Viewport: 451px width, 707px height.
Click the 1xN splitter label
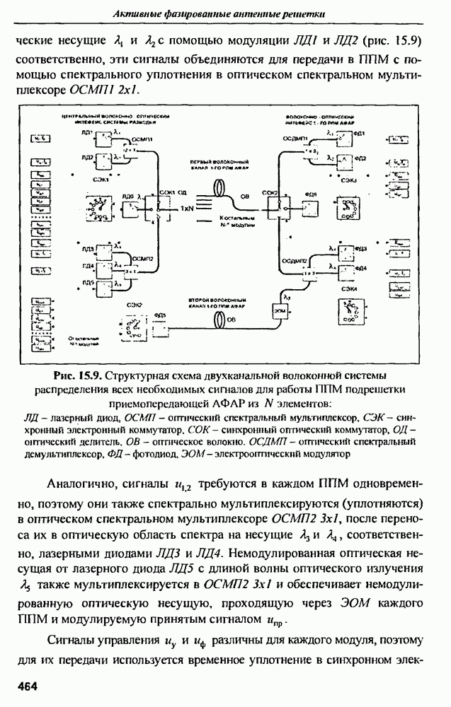[x=186, y=209]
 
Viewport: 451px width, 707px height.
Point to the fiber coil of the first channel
[x=220, y=189]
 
